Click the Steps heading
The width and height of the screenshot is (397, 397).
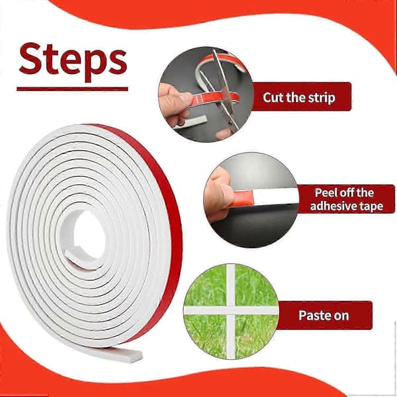tap(73, 62)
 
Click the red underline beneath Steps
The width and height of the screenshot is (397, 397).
tap(72, 89)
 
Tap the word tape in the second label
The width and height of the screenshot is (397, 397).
tap(372, 206)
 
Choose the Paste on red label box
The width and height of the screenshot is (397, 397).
tap(325, 315)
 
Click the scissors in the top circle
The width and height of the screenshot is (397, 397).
tap(223, 91)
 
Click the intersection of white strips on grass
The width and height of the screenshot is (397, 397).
tap(231, 310)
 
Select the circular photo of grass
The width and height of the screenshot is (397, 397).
tap(231, 312)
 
